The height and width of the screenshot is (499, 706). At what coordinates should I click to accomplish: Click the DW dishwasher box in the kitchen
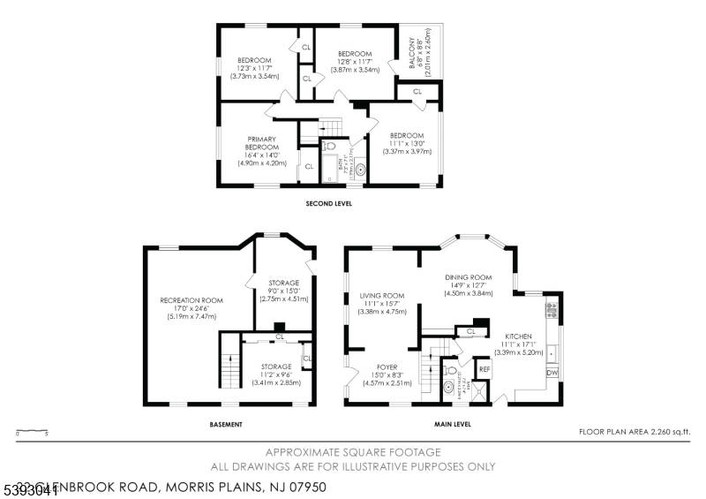[x=552, y=373]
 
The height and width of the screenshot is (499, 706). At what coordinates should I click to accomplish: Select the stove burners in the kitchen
[x=552, y=309]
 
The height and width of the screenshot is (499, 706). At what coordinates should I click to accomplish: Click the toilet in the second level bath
[x=329, y=147]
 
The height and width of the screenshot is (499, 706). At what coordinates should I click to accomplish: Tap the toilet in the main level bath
[x=449, y=372]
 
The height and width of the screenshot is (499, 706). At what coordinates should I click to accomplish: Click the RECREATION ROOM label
[x=192, y=300]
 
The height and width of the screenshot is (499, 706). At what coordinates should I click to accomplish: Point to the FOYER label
[x=387, y=366]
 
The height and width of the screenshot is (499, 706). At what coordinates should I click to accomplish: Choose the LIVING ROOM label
[x=382, y=296]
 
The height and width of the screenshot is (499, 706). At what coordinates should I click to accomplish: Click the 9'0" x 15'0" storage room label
[x=284, y=290]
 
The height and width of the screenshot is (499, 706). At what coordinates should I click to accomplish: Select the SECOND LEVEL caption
[x=328, y=203]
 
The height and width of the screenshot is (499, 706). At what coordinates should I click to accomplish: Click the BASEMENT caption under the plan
[x=226, y=425]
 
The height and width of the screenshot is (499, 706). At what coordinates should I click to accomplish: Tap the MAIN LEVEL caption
[x=452, y=425]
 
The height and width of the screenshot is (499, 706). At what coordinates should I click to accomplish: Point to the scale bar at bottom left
[x=32, y=432]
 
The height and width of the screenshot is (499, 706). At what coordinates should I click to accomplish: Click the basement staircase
[x=229, y=362]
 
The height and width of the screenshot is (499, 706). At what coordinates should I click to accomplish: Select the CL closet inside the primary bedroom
[x=309, y=166]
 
